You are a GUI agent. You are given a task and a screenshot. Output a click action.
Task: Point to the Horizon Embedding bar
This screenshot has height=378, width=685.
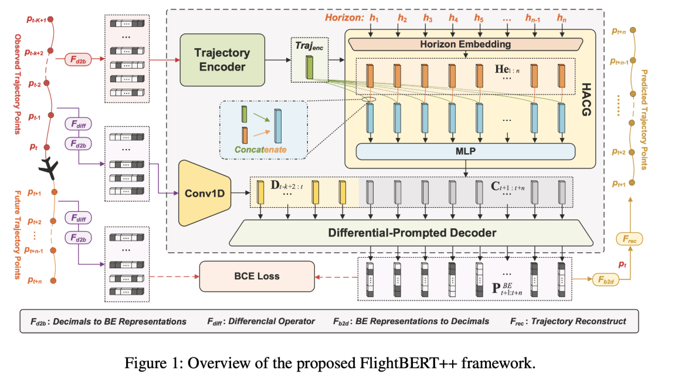click(465, 44)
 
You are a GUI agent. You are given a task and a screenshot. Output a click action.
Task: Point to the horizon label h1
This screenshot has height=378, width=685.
click(374, 18)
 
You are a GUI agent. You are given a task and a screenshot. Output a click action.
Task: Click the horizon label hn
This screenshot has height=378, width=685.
click(562, 18)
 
